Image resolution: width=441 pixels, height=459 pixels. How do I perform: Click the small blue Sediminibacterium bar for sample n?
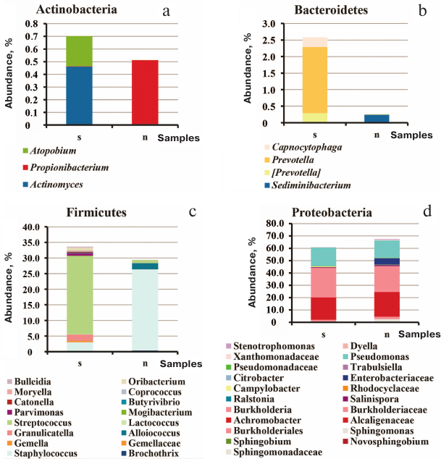pyautogui.click(x=377, y=119)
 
